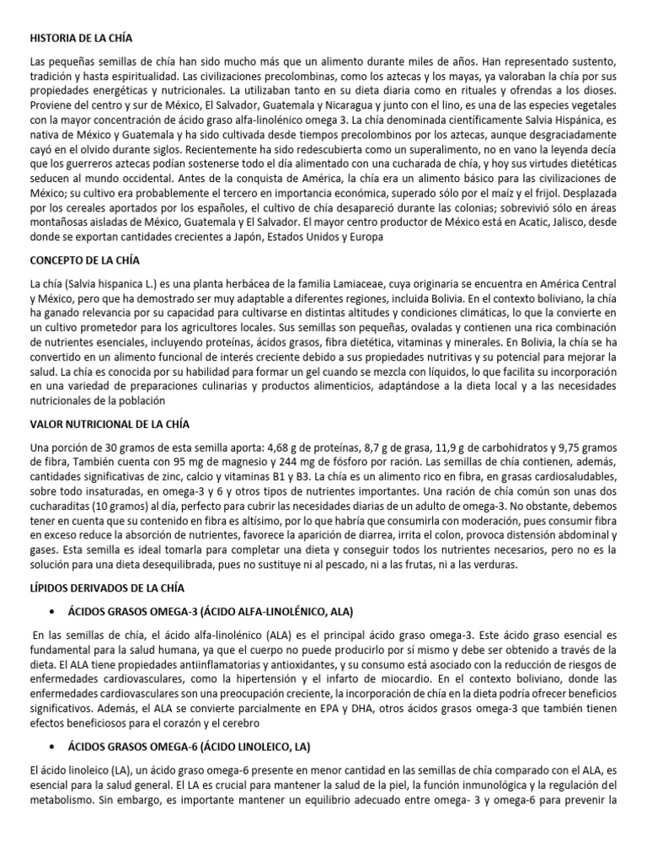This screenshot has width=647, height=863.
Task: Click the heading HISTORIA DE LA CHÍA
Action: [x=81, y=39]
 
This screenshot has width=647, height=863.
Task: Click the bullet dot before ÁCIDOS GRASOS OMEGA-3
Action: [x=54, y=610]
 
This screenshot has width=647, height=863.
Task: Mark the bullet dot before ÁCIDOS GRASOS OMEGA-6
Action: [x=54, y=747]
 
